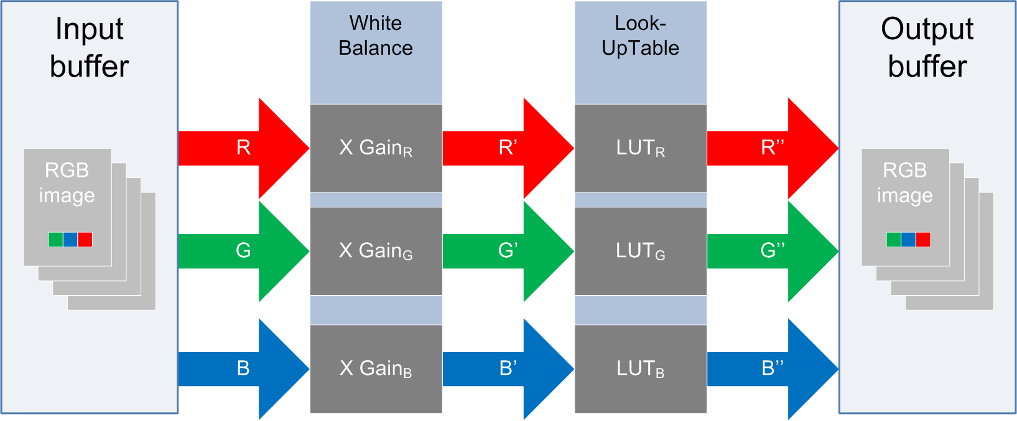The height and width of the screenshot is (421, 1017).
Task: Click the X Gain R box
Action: pos(376,148)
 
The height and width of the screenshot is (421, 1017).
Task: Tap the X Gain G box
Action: pos(376,251)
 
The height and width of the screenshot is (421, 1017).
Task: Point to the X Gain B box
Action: pos(376,369)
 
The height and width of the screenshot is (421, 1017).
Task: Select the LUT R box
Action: pos(640,148)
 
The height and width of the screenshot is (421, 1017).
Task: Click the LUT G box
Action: pos(640,251)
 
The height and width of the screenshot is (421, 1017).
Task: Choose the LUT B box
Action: pos(640,369)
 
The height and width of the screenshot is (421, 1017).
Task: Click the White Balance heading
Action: pos(376,35)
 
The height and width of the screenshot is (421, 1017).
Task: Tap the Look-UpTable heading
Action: pos(640,35)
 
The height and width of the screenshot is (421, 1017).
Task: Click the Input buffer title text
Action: pos(90,47)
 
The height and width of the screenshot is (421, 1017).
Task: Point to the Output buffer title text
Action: pos(927,47)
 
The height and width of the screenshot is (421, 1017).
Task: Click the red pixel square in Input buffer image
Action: pos(85,239)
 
